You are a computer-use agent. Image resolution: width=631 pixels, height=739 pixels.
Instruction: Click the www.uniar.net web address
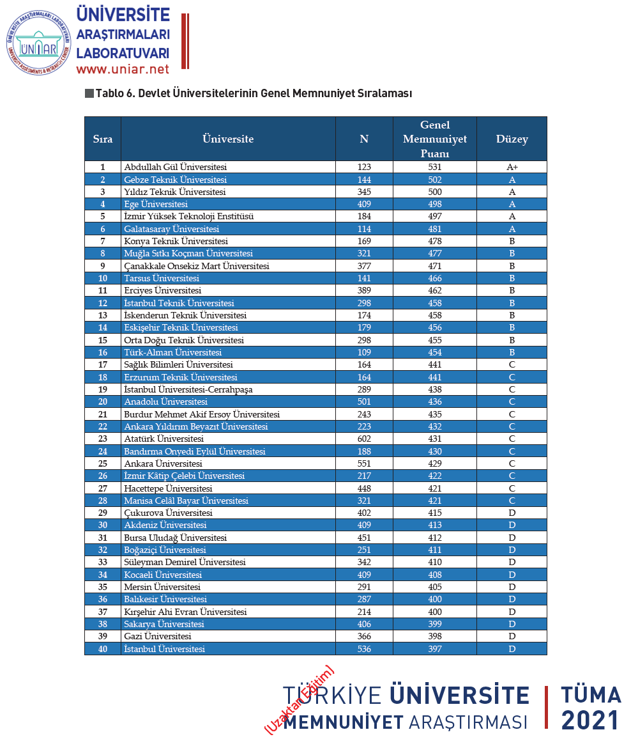(x=123, y=69)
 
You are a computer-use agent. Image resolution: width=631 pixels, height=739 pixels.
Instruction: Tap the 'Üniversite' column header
(x=228, y=139)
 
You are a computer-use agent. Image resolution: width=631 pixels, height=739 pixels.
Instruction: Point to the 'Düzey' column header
(x=512, y=139)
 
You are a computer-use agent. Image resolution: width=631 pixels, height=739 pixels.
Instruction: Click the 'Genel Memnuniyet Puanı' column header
(x=434, y=139)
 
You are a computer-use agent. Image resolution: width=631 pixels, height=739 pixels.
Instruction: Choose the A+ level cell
(x=512, y=167)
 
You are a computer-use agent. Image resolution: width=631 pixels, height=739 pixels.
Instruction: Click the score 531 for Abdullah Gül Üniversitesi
(x=434, y=167)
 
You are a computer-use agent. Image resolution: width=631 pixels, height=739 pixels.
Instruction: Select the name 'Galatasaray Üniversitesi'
(x=171, y=229)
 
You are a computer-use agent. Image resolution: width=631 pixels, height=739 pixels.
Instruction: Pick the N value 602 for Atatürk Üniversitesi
(x=364, y=439)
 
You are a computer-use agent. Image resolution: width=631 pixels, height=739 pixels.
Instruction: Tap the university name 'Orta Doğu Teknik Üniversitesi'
(x=184, y=340)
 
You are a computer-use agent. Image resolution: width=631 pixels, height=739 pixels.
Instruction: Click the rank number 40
(x=102, y=649)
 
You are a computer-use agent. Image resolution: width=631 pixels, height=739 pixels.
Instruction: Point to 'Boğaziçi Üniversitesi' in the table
(x=165, y=550)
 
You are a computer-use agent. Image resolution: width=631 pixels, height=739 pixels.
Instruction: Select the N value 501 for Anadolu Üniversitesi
(x=364, y=402)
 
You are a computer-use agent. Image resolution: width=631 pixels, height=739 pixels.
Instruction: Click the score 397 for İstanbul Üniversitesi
(x=434, y=649)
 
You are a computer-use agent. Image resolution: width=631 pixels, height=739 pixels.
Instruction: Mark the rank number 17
(x=102, y=365)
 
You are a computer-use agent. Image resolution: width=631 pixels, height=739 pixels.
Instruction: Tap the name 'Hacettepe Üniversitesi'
(x=168, y=488)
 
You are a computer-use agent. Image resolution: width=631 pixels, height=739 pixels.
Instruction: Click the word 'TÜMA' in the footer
(x=591, y=696)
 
